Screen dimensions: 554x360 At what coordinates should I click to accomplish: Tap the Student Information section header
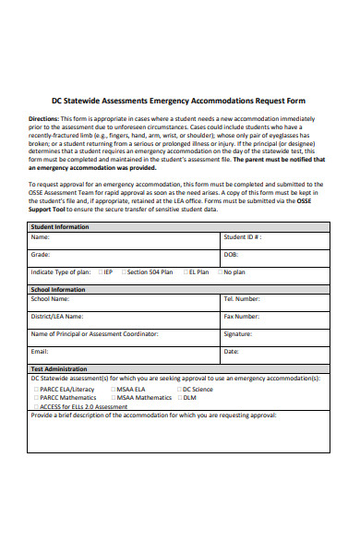(60, 226)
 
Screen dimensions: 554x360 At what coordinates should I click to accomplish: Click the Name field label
(40, 237)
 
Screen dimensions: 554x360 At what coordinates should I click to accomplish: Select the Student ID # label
(243, 237)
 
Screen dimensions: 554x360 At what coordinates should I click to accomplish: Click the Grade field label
(41, 254)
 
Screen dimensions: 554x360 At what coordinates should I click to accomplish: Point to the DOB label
(231, 254)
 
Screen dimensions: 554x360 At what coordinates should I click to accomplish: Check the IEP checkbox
(98, 272)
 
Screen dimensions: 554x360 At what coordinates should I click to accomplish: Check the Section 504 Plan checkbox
(123, 272)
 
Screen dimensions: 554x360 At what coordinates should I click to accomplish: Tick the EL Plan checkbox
(184, 272)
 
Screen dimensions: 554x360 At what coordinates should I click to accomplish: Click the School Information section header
(58, 289)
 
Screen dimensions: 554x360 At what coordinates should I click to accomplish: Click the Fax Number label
(241, 316)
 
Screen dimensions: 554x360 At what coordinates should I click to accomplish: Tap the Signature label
(237, 333)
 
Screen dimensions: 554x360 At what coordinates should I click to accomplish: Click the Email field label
(40, 352)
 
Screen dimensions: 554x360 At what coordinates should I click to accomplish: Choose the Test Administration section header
(59, 368)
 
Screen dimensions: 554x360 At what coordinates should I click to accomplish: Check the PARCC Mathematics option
(35, 397)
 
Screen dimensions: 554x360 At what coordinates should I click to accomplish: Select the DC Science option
(179, 389)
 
